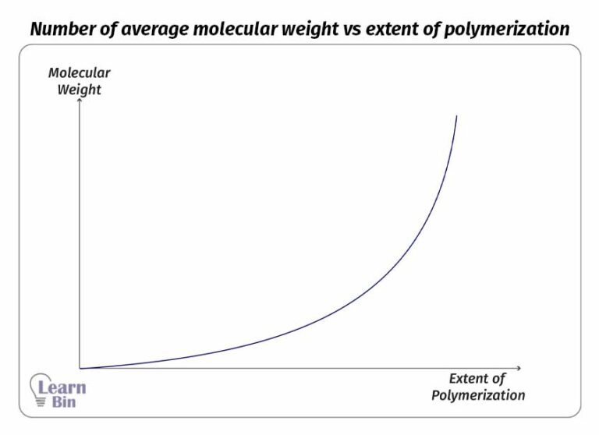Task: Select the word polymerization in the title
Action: (511, 30)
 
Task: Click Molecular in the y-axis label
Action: (80, 73)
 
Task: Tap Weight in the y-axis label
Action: (80, 90)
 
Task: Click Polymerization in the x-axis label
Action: (478, 395)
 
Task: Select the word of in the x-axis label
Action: (499, 379)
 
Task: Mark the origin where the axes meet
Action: (80, 368)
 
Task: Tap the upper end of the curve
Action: (456, 116)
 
